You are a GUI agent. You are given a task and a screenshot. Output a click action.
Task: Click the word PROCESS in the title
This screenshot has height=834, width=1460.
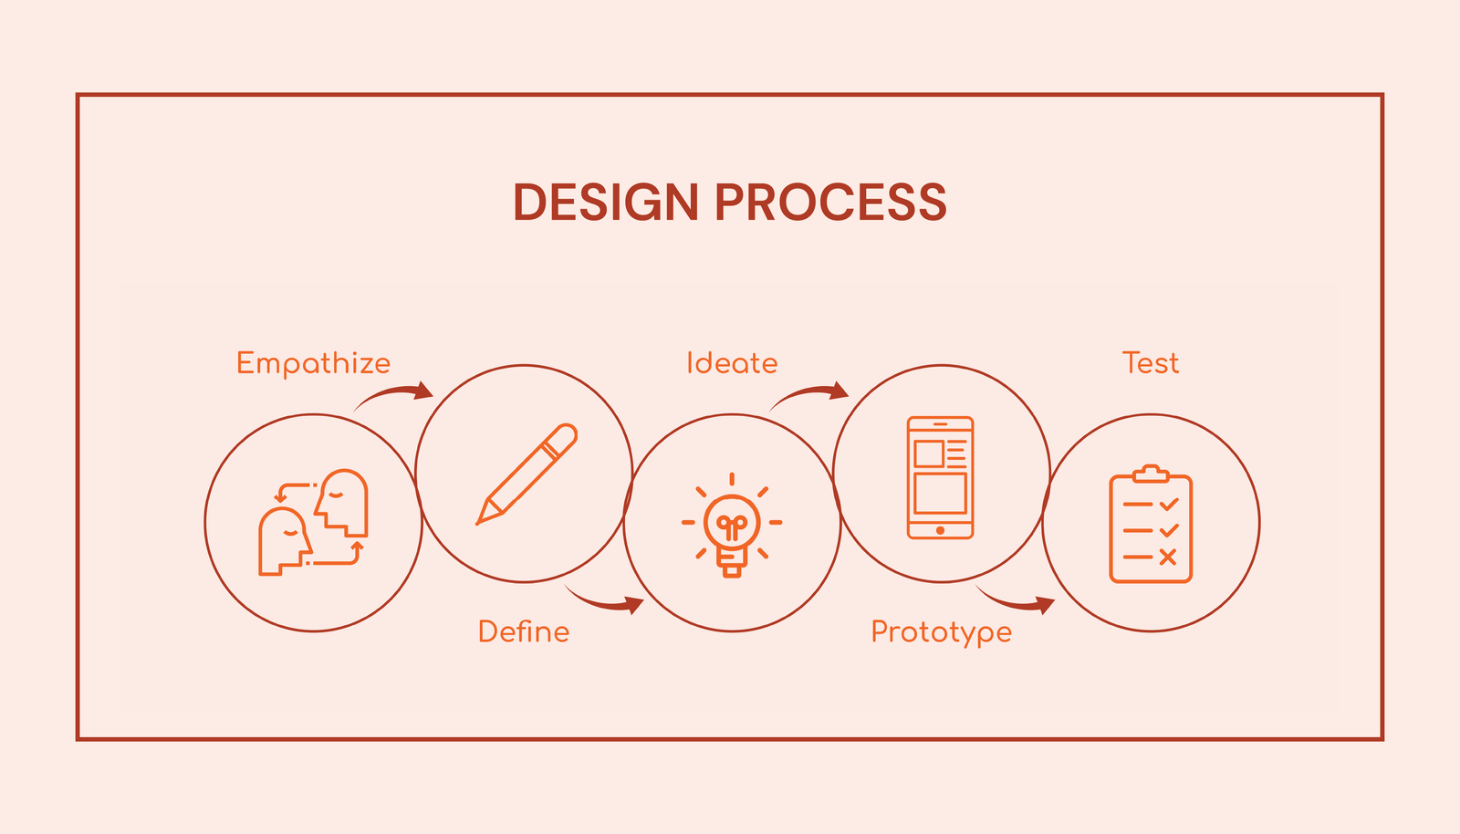pyautogui.click(x=830, y=203)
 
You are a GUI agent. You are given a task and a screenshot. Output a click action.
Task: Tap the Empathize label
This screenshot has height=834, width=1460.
pyautogui.click(x=313, y=363)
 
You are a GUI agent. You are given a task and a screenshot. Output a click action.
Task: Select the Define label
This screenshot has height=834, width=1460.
pyautogui.click(x=524, y=631)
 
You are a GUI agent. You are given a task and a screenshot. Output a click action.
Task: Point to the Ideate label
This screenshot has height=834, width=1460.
pyautogui.click(x=732, y=363)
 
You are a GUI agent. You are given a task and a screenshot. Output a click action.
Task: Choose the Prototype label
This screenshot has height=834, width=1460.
pyautogui.click(x=941, y=632)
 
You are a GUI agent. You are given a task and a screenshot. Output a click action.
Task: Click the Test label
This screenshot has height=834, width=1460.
pyautogui.click(x=1151, y=363)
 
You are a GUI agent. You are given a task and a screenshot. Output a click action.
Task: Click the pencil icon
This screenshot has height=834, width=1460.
pyautogui.click(x=527, y=474)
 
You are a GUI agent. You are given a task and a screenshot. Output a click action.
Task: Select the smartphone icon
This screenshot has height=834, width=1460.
pyautogui.click(x=941, y=477)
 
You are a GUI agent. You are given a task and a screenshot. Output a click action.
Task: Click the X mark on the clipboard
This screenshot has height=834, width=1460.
pyautogui.click(x=1167, y=557)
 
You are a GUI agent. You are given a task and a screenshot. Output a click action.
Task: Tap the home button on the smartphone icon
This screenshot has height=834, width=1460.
pyautogui.click(x=940, y=530)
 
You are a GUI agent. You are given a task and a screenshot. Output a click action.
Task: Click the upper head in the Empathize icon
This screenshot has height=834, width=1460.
pyautogui.click(x=343, y=501)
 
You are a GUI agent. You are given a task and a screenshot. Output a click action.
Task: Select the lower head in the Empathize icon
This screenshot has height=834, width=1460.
pyautogui.click(x=284, y=541)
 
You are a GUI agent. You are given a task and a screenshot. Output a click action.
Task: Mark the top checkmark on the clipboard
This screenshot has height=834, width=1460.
pyautogui.click(x=1168, y=505)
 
